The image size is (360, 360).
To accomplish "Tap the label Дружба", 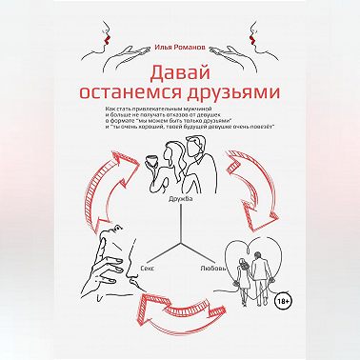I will click(x=179, y=198).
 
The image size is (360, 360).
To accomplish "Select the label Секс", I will click(x=147, y=270).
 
